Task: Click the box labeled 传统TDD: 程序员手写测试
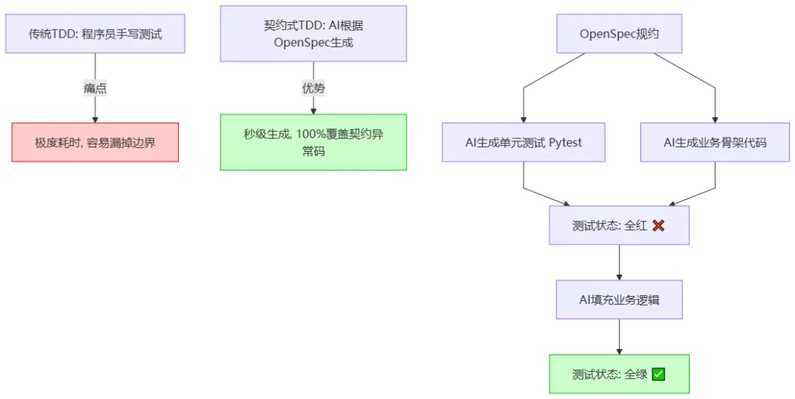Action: coord(95,34)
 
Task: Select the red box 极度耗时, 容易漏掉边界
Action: coord(95,143)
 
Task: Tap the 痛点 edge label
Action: coord(95,88)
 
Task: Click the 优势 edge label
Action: coord(314,88)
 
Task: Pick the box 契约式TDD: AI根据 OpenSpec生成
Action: coord(314,34)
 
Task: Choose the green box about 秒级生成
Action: coord(314,143)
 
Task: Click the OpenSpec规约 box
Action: coord(619,34)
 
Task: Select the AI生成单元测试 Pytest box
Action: coord(524,143)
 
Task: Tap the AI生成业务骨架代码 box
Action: coord(715,143)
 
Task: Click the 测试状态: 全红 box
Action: coord(619,225)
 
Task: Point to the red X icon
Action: coord(659,225)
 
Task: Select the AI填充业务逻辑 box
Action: coord(619,300)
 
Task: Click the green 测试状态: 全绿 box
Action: coord(619,374)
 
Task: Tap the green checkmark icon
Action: coord(659,374)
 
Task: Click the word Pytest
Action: coord(565,143)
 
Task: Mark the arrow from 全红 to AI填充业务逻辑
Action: coord(619,263)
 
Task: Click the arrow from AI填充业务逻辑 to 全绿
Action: coord(619,337)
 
